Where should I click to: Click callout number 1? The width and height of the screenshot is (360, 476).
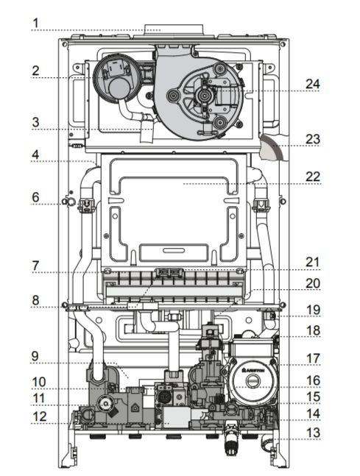(x=36, y=23)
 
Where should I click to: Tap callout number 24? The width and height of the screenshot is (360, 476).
(x=313, y=84)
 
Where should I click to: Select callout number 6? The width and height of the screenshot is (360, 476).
(x=36, y=197)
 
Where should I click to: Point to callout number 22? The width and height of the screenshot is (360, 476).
(x=313, y=177)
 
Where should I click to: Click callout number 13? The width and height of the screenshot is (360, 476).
(x=313, y=433)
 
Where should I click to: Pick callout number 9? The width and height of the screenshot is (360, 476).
(x=35, y=356)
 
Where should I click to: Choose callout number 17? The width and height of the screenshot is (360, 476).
(x=313, y=358)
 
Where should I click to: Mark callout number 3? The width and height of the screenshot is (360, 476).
(x=36, y=122)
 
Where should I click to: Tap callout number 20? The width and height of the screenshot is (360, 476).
(x=313, y=283)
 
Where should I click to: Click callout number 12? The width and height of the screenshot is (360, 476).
(x=40, y=416)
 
